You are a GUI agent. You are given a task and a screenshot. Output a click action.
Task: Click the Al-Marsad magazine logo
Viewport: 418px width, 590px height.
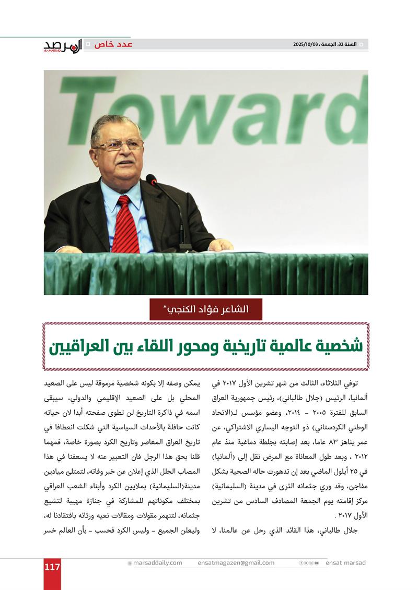[63, 46]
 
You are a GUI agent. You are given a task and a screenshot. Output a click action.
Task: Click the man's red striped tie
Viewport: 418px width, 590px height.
[126, 224]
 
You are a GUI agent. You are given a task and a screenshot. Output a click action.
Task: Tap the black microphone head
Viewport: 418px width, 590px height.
[152, 180]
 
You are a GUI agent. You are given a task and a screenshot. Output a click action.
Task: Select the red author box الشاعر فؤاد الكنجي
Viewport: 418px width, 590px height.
[206, 309]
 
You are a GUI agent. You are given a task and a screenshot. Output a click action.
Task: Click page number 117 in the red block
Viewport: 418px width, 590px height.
[52, 567]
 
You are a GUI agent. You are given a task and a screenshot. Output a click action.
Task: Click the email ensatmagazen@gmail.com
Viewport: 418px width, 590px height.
[236, 563]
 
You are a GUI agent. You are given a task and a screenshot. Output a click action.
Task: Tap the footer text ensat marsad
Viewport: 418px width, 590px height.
[345, 563]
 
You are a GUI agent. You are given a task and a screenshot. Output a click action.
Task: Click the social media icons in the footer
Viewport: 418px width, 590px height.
[309, 563]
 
